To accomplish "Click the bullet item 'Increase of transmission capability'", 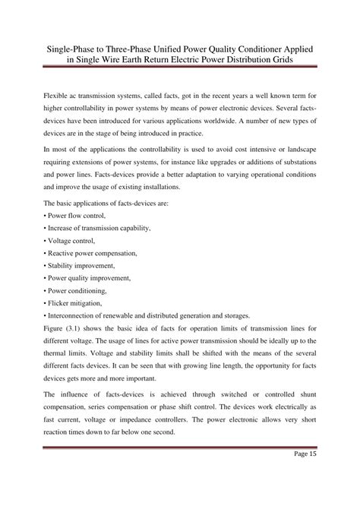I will tap(98, 228).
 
